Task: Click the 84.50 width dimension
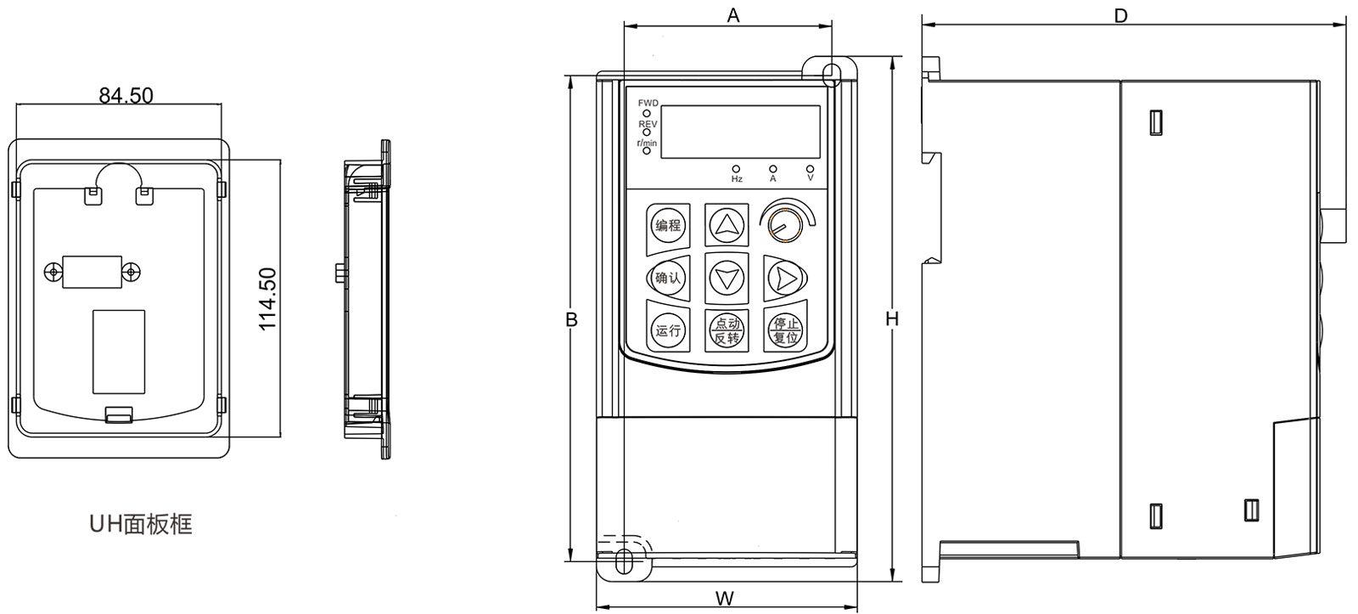126,95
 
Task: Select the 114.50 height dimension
267,299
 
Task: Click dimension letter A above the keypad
733,14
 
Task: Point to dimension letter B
572,319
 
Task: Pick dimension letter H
891,319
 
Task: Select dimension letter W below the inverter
724,598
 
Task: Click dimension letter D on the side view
1120,14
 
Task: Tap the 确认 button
667,277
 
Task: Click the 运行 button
667,330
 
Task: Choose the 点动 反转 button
727,330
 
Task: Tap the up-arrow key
727,225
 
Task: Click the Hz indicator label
736,180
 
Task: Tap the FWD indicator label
648,103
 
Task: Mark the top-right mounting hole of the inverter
831,70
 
